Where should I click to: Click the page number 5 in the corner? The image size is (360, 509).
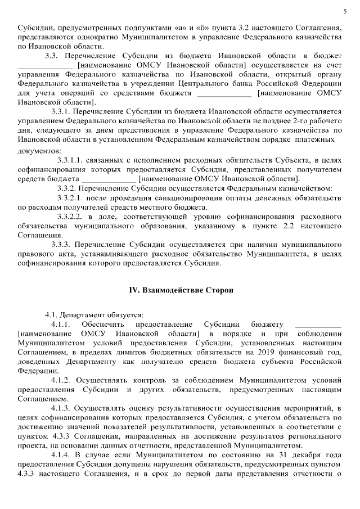[x=344, y=11]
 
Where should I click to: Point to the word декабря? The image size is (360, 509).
[x=305, y=454]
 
